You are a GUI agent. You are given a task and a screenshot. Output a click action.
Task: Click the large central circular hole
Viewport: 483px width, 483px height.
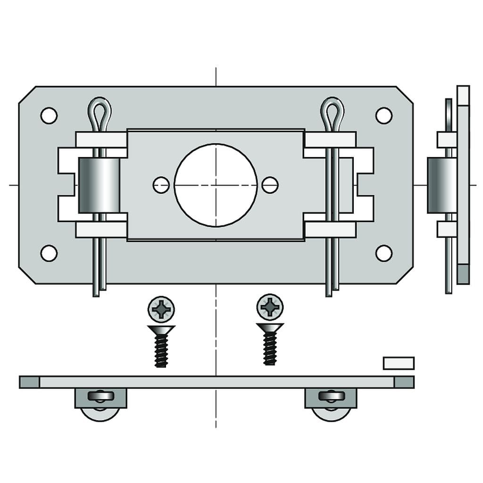point(216,185)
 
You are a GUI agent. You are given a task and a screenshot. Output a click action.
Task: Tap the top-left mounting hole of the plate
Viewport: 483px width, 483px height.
point(49,116)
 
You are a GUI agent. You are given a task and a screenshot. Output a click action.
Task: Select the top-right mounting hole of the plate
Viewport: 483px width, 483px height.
point(383,116)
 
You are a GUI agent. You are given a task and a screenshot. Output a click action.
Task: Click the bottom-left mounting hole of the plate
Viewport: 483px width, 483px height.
point(49,253)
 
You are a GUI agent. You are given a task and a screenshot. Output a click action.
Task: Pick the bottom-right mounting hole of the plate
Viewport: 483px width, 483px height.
point(383,253)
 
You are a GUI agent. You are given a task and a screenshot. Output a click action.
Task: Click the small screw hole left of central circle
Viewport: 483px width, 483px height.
point(161,185)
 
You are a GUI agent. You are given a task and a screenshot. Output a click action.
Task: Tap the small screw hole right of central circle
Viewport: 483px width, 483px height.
point(270,185)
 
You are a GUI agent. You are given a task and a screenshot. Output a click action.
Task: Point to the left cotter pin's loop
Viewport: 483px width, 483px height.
point(100,111)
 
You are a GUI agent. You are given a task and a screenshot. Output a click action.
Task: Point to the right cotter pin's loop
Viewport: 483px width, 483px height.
point(332,111)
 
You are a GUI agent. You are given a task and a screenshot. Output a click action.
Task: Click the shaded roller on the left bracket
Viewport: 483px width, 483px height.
point(99,185)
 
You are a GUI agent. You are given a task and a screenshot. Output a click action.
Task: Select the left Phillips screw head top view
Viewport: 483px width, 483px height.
point(161,309)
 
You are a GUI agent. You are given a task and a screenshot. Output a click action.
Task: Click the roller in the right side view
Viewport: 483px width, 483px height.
point(441,185)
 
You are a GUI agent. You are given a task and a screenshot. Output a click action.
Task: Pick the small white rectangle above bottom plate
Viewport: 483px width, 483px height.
point(399,363)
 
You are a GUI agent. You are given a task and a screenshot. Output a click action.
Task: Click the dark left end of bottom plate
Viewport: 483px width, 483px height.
point(29,382)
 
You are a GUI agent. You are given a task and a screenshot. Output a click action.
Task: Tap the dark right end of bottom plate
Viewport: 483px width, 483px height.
point(404,382)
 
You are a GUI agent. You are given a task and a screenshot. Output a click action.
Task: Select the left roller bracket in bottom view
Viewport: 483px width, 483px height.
point(100,399)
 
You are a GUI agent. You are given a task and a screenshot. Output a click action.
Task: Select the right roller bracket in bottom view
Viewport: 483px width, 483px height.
point(331,399)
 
